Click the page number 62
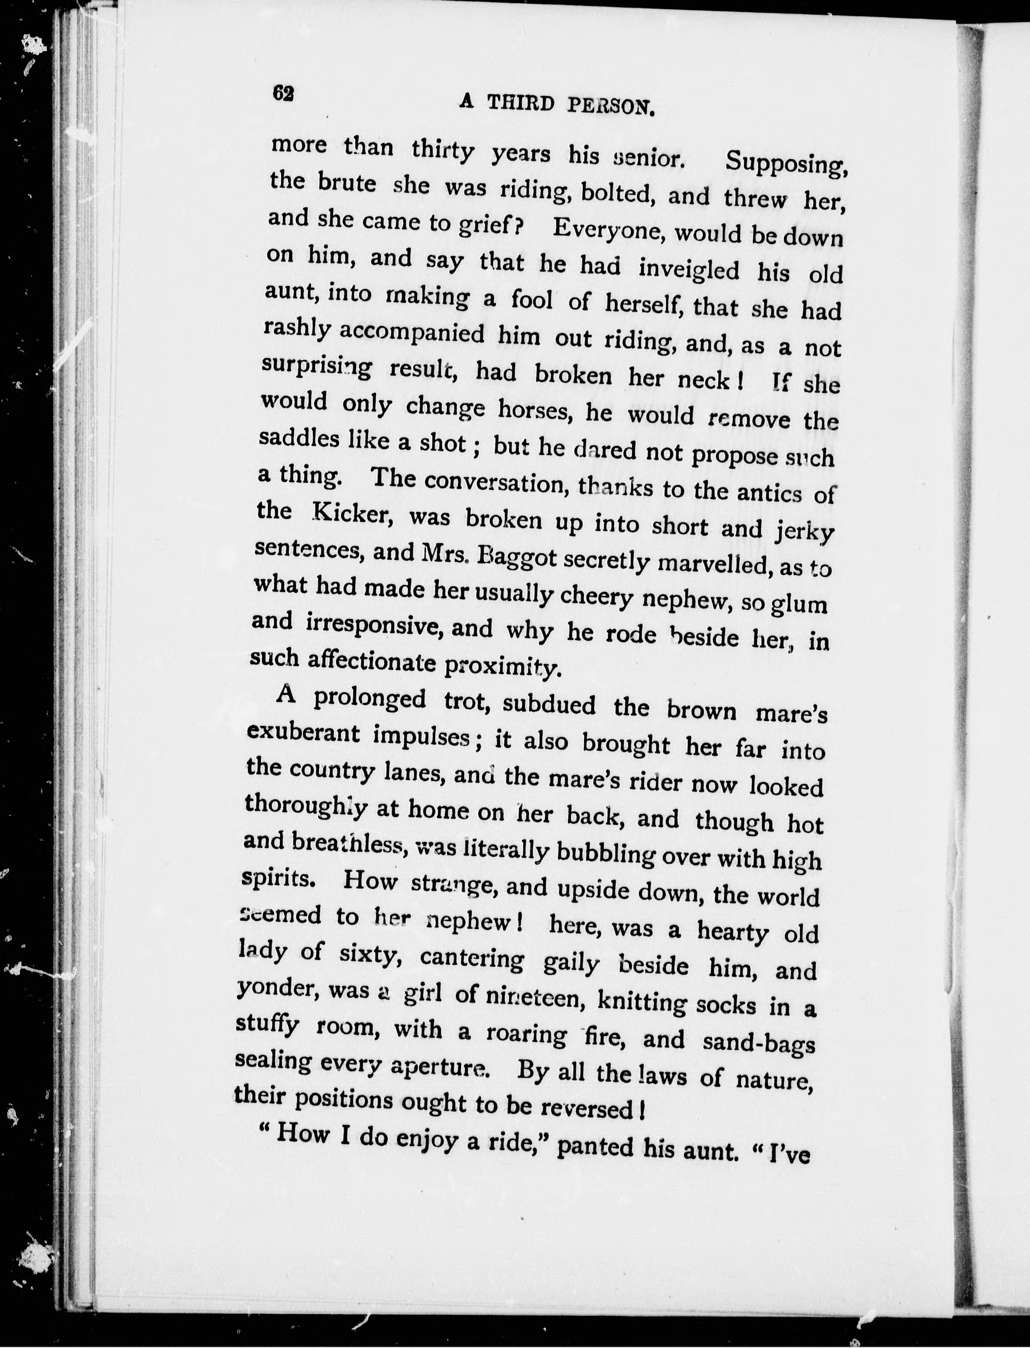(283, 93)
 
